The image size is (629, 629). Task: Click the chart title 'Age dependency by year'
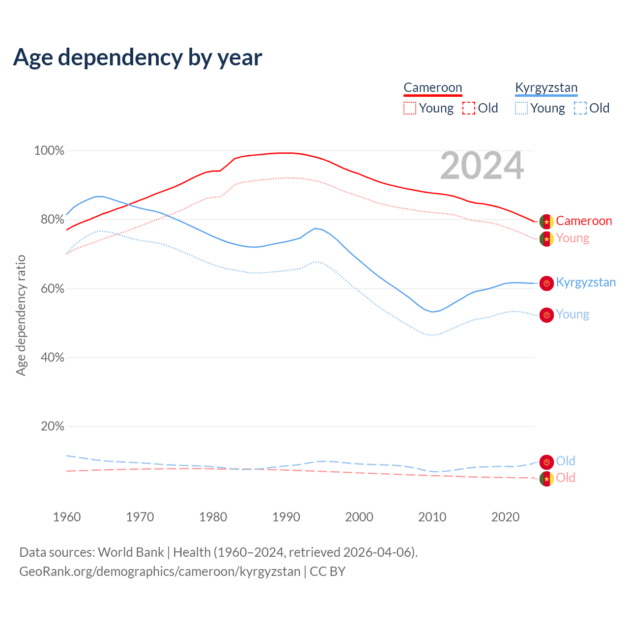(138, 57)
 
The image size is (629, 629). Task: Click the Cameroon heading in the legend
(432, 88)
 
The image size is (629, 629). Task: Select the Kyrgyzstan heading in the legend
(546, 88)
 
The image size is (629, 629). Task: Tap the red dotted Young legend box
(409, 108)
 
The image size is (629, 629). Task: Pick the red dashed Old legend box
(469, 108)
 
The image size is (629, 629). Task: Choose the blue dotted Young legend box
(521, 108)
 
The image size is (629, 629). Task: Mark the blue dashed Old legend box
(580, 108)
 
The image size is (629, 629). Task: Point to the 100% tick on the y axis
(49, 151)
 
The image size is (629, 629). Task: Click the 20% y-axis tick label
(53, 427)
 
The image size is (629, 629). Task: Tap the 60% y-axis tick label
(53, 288)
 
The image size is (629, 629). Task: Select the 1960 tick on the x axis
(67, 517)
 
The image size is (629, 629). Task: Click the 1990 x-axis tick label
(286, 517)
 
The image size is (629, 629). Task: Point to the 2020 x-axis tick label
(505, 517)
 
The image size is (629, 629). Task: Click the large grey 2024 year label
(482, 166)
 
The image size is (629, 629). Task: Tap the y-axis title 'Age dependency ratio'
(21, 315)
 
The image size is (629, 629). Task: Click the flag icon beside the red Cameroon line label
(546, 222)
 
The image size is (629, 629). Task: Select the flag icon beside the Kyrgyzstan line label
(546, 283)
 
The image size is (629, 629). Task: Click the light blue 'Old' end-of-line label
(566, 461)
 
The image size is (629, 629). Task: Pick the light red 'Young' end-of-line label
(572, 238)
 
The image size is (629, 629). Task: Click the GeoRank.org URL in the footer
(160, 572)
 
